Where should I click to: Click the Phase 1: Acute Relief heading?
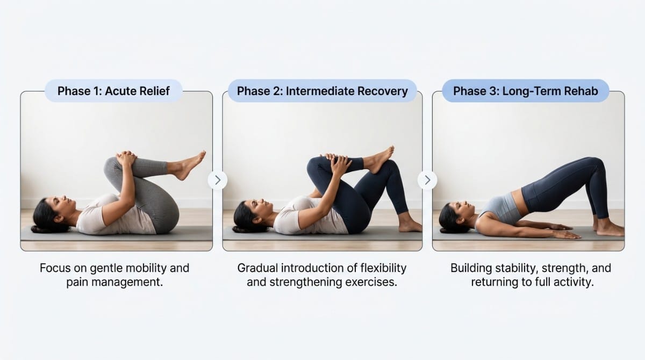pos(113,91)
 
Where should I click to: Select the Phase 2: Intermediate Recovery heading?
pos(322,91)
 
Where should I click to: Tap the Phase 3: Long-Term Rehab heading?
pos(525,91)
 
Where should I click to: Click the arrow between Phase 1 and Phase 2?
pos(218,180)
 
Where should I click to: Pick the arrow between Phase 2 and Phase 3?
pos(427,180)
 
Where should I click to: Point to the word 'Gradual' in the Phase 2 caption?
pos(260,268)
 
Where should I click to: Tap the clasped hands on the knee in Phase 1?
pos(127,159)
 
